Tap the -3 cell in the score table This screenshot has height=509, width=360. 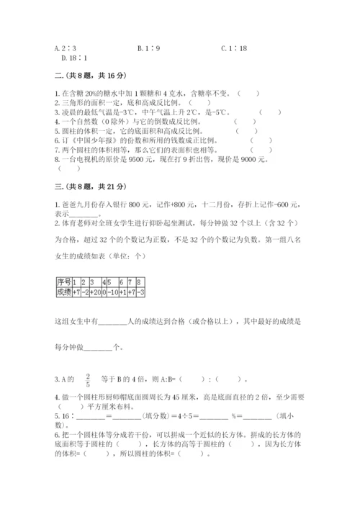tap(141, 292)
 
